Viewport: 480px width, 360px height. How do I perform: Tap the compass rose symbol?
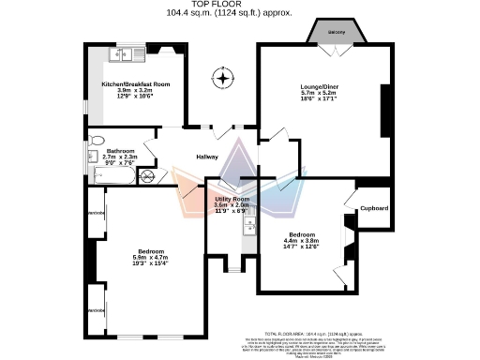223,76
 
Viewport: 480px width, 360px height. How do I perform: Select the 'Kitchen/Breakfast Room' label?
137,82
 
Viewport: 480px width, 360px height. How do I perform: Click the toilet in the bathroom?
95,156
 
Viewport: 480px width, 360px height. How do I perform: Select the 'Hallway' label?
206,157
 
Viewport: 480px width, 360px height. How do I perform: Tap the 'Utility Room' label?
233,199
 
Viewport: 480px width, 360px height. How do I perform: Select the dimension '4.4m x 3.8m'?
307,240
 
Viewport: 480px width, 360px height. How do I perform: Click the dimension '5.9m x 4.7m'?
152,259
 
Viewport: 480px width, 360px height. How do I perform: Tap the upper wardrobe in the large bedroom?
96,215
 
